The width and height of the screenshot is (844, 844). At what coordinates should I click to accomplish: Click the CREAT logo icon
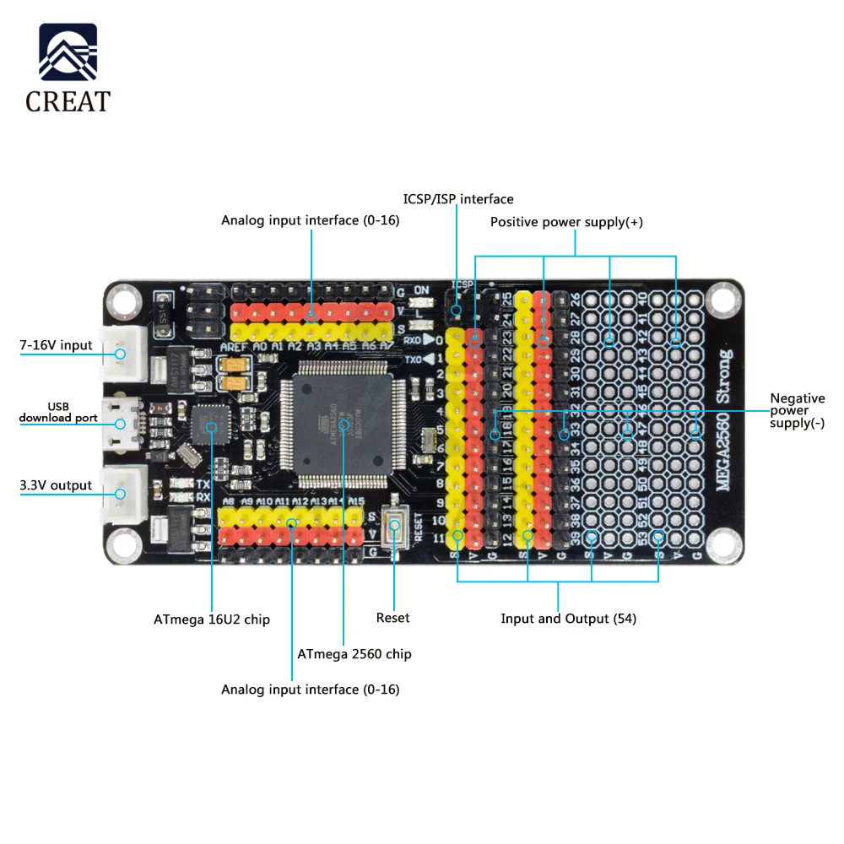[68, 53]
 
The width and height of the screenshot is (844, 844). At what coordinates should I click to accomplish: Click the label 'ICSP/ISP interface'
[458, 199]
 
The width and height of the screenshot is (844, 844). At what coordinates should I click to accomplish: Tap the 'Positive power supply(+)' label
[566, 222]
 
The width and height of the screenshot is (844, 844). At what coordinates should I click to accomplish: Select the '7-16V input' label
[56, 345]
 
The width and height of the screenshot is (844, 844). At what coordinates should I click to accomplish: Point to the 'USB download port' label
[58, 412]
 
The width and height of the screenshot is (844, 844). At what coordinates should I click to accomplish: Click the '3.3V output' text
[56, 485]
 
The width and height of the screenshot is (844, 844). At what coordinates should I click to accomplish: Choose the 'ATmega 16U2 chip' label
[212, 619]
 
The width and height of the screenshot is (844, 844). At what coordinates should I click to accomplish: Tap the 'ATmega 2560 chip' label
[354, 654]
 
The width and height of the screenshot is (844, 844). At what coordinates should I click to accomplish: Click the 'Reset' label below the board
[392, 618]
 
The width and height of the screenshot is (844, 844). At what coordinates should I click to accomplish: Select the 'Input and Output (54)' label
[568, 619]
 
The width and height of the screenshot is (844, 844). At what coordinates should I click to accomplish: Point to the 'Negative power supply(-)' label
[797, 410]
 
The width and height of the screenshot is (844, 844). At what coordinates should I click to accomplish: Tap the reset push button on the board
[394, 526]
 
